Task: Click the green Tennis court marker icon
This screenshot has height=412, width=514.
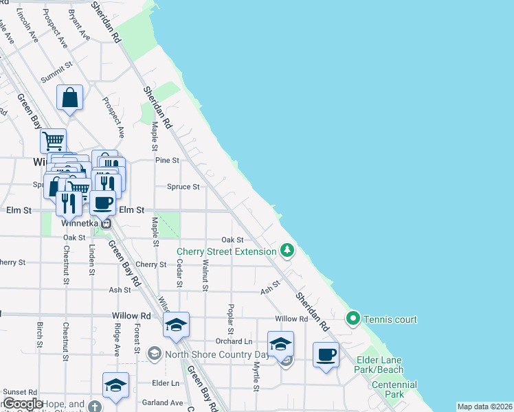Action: pyautogui.click(x=353, y=319)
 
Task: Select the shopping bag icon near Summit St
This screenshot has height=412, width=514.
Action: pyautogui.click(x=70, y=98)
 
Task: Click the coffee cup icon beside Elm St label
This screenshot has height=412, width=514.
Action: pyautogui.click(x=102, y=203)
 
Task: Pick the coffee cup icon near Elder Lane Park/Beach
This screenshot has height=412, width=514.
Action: pyautogui.click(x=326, y=355)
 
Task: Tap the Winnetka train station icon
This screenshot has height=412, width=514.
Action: pyautogui.click(x=106, y=222)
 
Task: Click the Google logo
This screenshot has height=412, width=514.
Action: pyautogui.click(x=23, y=404)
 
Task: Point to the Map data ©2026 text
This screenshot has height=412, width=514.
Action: pyautogui.click(x=484, y=407)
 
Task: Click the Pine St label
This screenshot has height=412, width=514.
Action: pyautogui.click(x=167, y=160)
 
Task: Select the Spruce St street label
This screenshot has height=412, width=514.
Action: pyautogui.click(x=183, y=186)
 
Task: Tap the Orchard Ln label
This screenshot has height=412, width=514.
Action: pyautogui.click(x=234, y=341)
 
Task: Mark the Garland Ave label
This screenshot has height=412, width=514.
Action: pyautogui.click(x=163, y=402)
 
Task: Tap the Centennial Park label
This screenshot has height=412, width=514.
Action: pyautogui.click(x=393, y=390)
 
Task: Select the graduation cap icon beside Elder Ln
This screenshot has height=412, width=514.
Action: pyautogui.click(x=115, y=385)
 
